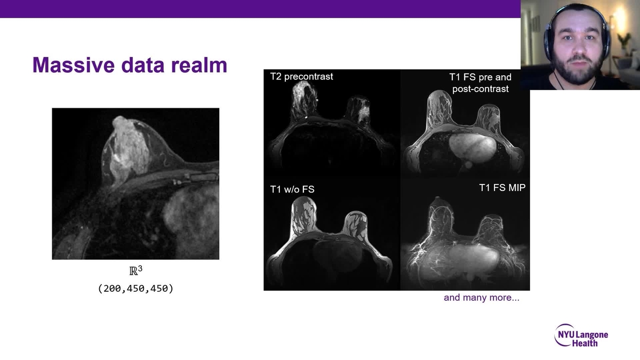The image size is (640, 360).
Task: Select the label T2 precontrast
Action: pos(301,76)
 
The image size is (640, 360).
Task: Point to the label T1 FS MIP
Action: pos(502,187)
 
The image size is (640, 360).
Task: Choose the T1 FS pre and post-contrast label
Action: pos(480,83)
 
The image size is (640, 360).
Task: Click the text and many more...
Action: pos(481,298)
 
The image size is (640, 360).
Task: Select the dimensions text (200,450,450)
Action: pos(135,289)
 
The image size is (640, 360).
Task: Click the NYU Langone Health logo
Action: pos(581,336)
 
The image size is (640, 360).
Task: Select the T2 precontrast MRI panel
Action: pos(332,125)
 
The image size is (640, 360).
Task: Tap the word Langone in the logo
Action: pos(591,335)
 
